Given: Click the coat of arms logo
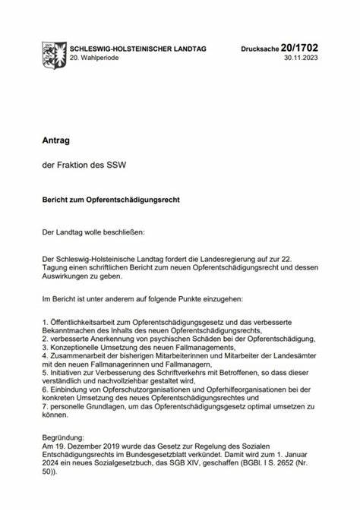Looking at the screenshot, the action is tap(55, 52).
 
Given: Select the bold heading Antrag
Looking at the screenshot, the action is tap(55, 140).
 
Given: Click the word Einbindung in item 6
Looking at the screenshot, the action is tap(70, 388).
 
